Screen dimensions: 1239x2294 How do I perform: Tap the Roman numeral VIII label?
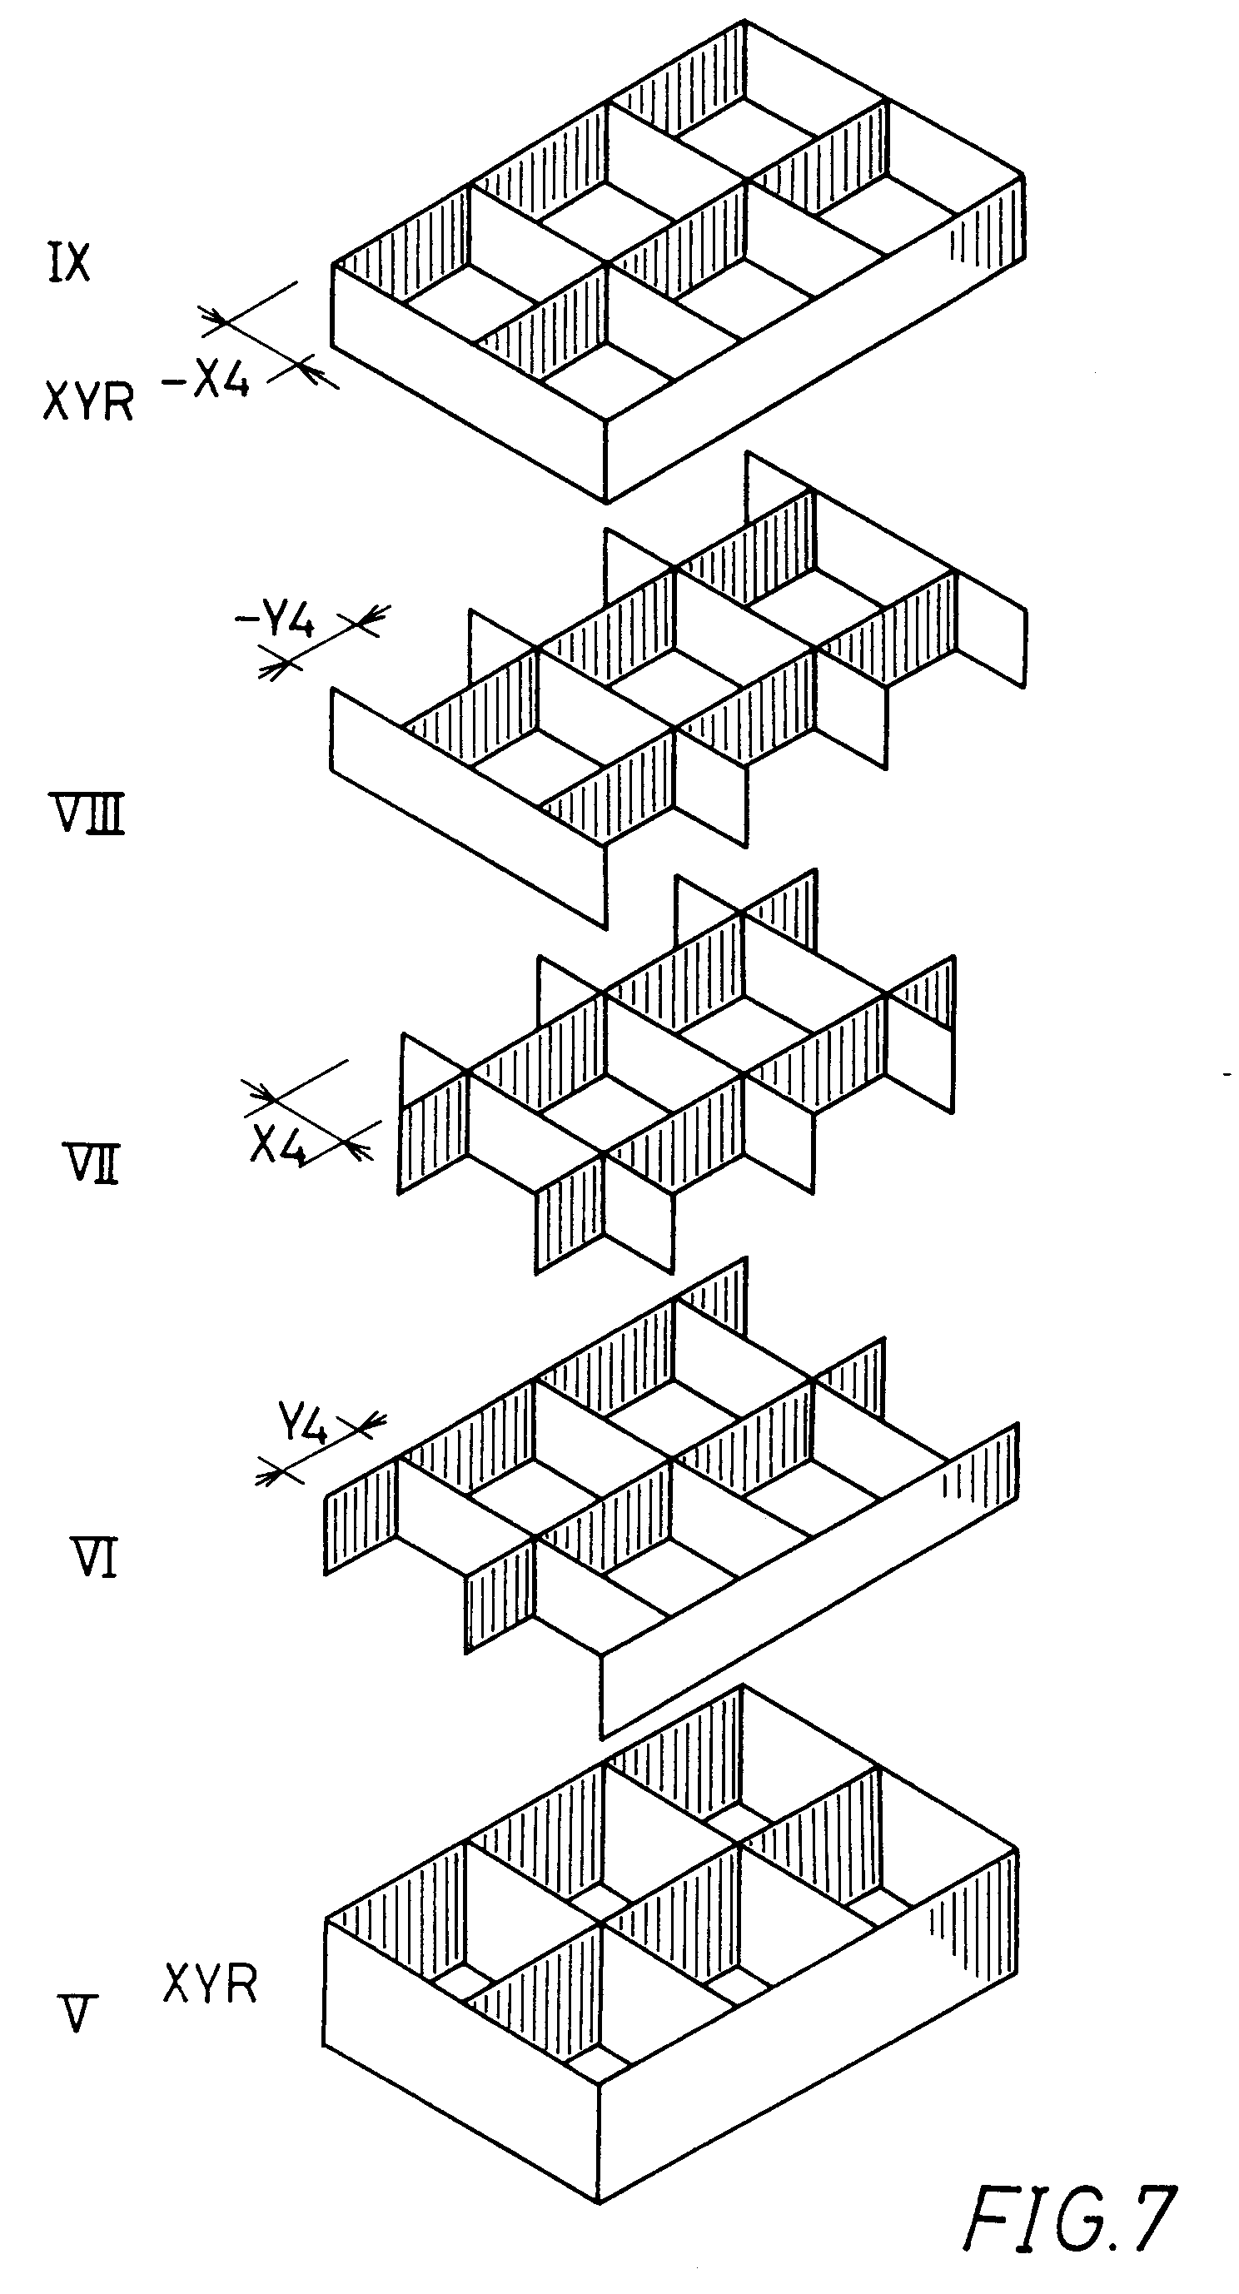point(86,815)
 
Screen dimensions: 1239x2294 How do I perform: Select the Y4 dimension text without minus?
point(303,1426)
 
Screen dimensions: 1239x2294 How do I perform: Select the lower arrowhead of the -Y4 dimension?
point(272,667)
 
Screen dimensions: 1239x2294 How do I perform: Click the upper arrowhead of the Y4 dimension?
point(372,1421)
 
